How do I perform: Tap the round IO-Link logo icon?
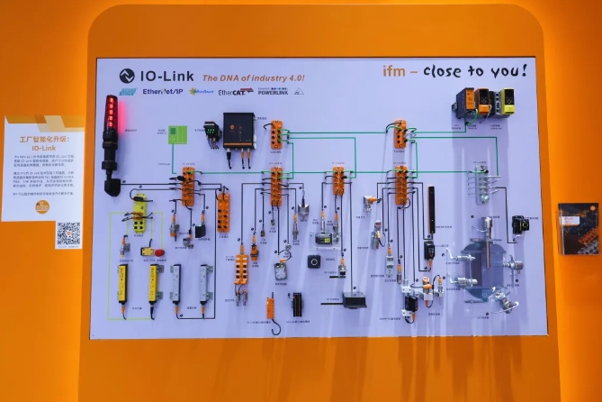click(127, 77)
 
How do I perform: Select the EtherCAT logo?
click(234, 92)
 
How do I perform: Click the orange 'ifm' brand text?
click(401, 71)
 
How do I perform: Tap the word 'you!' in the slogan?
click(508, 70)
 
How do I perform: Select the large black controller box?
click(239, 130)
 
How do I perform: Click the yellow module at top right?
click(507, 101)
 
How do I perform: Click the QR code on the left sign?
click(68, 233)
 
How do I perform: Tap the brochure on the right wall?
click(576, 227)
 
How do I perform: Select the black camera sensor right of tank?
click(519, 224)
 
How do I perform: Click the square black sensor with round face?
click(315, 261)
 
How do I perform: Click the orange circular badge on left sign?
click(41, 206)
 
